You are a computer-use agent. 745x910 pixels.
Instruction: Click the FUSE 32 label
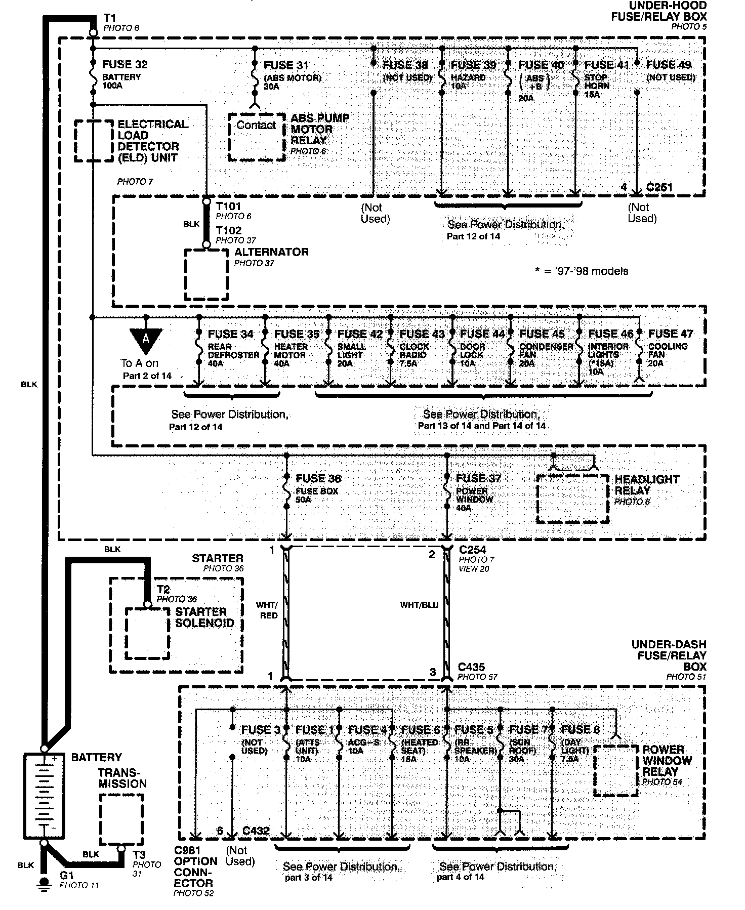click(125, 65)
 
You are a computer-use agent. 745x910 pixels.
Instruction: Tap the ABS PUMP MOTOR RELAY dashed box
click(256, 137)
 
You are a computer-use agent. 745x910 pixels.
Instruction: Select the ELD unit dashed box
click(94, 141)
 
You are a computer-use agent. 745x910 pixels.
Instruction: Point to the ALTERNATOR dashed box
click(206, 274)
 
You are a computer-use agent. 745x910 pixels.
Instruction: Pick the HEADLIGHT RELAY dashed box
click(572, 499)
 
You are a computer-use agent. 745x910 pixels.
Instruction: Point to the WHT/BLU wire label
click(419, 604)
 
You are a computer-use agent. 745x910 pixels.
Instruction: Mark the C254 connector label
click(472, 550)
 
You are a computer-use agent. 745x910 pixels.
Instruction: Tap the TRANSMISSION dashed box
click(121, 819)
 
